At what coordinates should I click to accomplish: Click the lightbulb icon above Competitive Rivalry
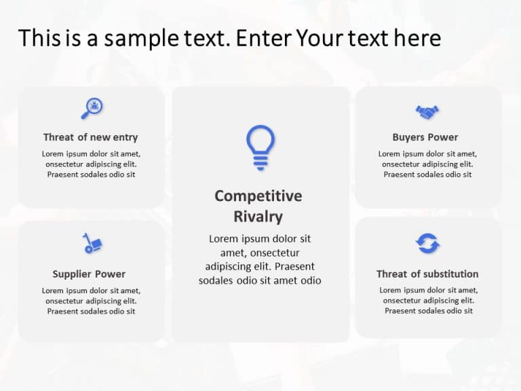click(260, 147)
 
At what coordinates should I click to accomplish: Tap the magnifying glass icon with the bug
click(92, 108)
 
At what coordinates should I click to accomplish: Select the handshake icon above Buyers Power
click(427, 111)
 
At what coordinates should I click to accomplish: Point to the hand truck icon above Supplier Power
click(92, 244)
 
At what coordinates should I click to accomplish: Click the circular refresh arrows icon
click(428, 243)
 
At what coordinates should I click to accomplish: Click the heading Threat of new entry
click(90, 137)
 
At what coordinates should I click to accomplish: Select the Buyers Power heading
click(425, 137)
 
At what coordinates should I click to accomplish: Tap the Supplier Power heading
click(89, 274)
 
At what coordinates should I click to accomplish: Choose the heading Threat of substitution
click(427, 274)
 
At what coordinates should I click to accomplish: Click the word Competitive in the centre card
click(258, 196)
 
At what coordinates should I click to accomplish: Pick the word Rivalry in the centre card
click(258, 217)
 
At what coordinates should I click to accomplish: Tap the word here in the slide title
click(417, 38)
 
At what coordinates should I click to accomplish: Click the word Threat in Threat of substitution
click(393, 274)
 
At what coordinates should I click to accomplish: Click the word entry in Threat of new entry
click(125, 137)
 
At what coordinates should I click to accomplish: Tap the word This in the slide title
click(35, 38)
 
